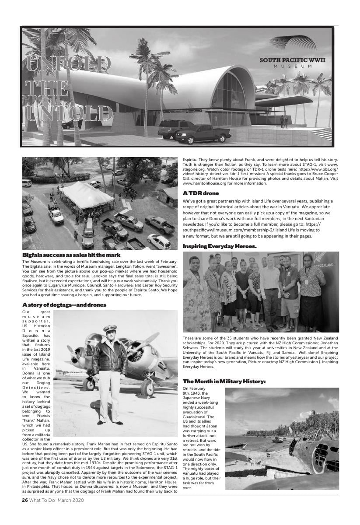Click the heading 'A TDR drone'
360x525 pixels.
[x=201, y=193]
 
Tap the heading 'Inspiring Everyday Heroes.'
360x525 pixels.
[x=220, y=247]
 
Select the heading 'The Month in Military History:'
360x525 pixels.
[x=224, y=382]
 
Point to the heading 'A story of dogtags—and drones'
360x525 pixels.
[x=64, y=304]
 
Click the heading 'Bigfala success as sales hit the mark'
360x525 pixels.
[x=71, y=255]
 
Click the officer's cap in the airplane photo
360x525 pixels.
[x=109, y=328]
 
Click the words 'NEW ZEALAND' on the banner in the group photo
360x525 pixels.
[x=322, y=265]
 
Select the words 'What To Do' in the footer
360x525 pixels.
[x=42, y=500]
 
